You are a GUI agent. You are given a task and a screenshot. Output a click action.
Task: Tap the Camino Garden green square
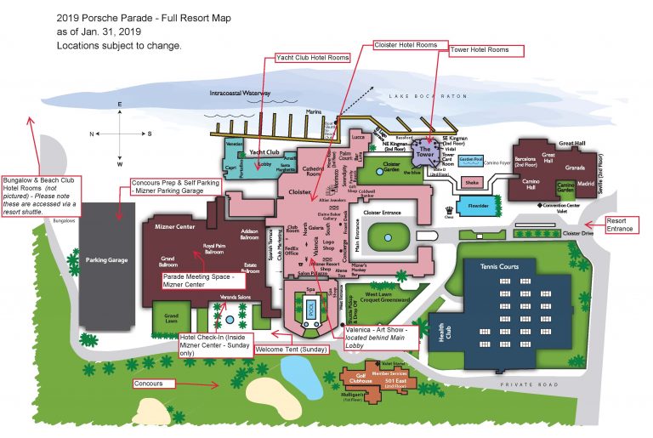click(x=565, y=187)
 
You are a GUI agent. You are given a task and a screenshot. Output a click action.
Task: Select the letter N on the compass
click(x=92, y=134)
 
